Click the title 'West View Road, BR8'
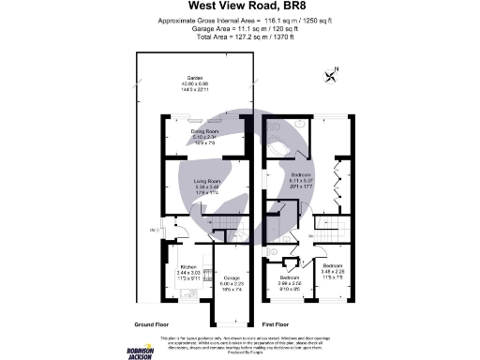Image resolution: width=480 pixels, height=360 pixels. point(239,13)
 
